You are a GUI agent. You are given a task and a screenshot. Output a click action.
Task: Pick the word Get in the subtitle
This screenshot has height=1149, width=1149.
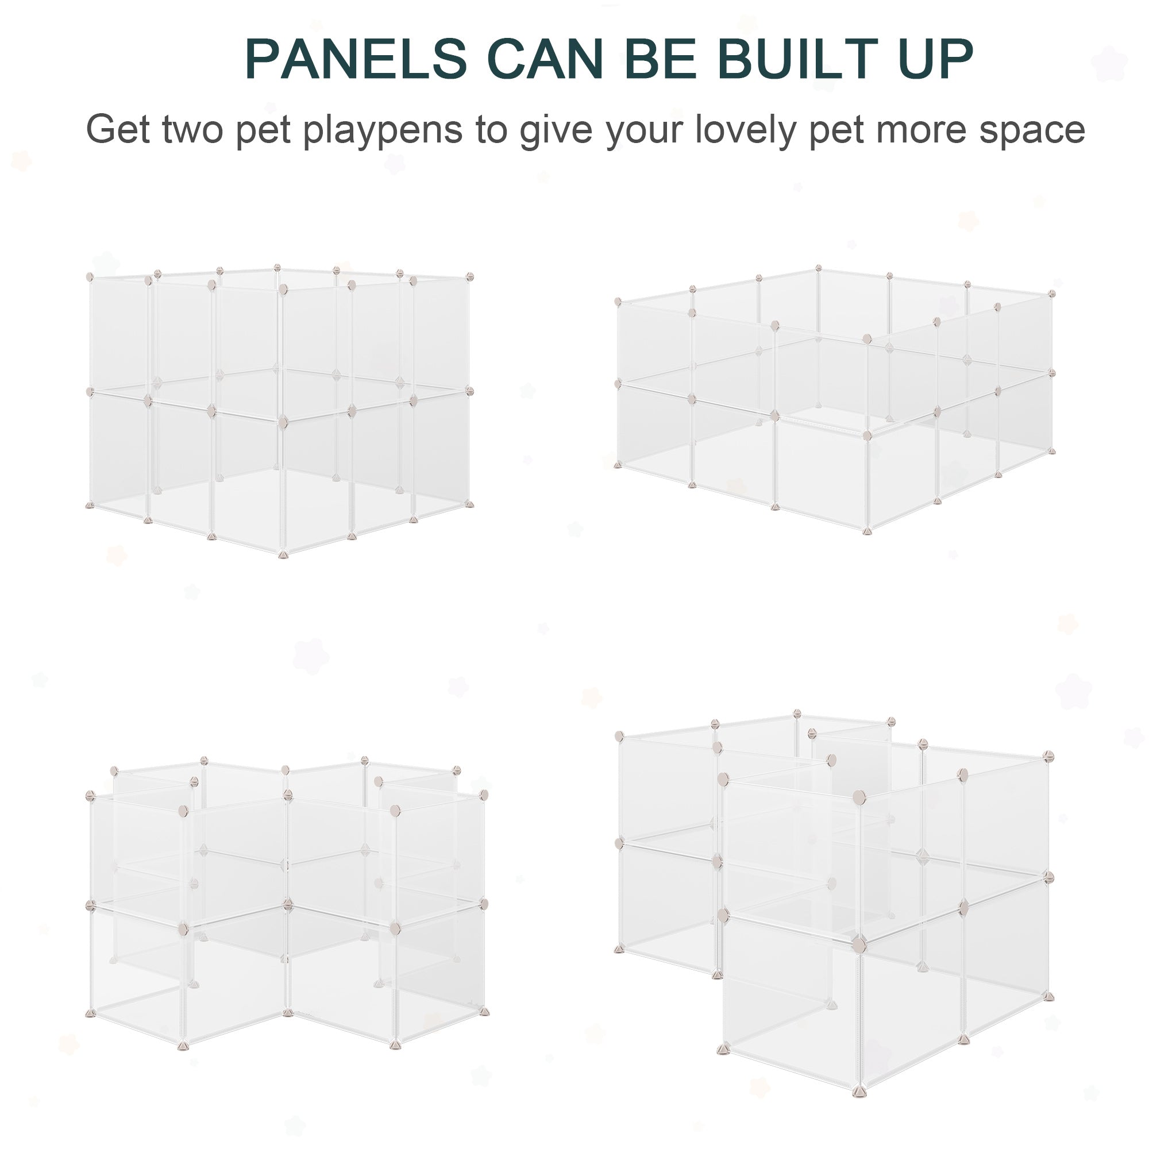(x=118, y=130)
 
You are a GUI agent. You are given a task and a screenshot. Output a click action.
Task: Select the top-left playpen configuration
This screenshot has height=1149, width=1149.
(x=280, y=410)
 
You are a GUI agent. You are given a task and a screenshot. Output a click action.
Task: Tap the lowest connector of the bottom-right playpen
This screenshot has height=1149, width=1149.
(x=858, y=1092)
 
